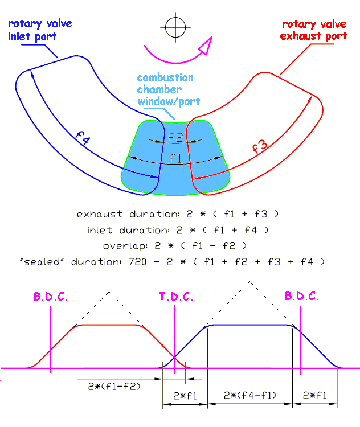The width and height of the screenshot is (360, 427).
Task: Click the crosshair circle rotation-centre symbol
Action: point(175,27)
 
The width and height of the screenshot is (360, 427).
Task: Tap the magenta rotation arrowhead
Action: point(206,46)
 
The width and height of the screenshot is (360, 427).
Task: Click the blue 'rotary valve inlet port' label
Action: point(40,30)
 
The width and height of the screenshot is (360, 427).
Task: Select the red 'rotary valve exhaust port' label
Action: point(314,30)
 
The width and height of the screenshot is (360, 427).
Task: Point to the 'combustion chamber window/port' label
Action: point(169,89)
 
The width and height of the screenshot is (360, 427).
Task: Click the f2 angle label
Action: point(175,137)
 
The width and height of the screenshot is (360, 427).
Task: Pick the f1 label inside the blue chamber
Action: point(175,158)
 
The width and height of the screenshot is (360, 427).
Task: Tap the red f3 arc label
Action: point(260,146)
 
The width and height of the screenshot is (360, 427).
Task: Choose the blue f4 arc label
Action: point(83,138)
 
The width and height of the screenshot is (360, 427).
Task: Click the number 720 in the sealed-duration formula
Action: point(138,262)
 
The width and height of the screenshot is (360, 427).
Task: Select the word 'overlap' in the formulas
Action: point(125,246)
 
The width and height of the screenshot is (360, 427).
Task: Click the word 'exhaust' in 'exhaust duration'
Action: point(100,214)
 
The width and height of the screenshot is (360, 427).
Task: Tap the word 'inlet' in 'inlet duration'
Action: point(100,231)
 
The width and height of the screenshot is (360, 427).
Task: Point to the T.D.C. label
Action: point(176,296)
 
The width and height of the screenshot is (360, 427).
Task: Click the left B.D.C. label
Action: point(51,296)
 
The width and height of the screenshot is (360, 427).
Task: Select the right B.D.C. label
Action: point(302,296)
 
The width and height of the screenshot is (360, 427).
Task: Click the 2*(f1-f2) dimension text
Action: point(114,386)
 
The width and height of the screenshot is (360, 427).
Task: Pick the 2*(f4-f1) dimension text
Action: point(250,395)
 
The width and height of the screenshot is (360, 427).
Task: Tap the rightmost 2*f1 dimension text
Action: point(315,395)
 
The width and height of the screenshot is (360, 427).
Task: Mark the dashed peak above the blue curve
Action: point(249,282)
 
